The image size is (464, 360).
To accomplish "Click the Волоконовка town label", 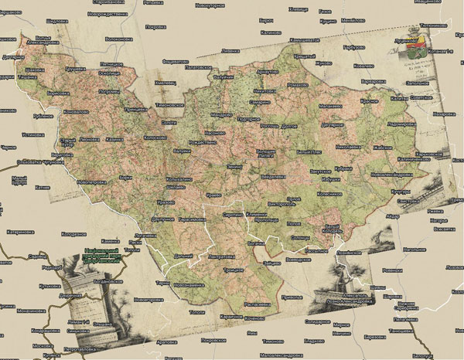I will (118, 39).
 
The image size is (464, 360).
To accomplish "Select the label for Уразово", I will (165, 202).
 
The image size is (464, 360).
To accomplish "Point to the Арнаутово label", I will (268, 71).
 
